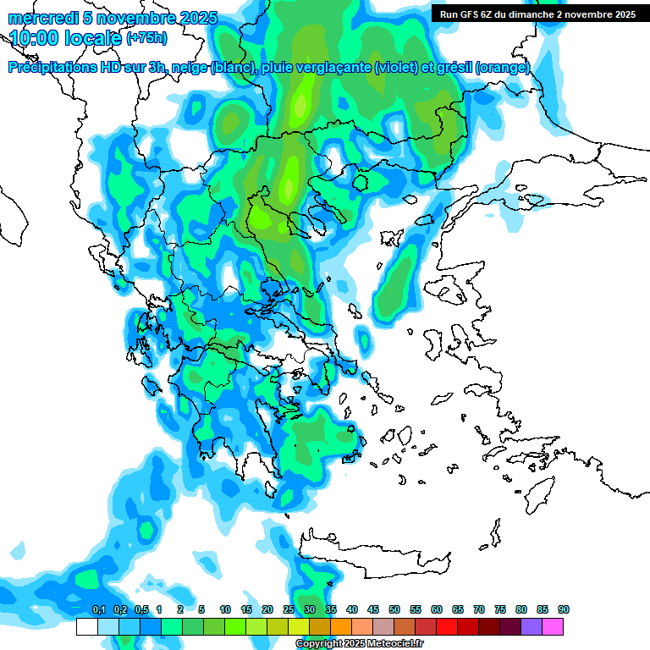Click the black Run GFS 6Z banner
(x=537, y=14)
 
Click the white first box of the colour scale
(x=87, y=627)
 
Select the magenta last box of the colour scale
(x=553, y=627)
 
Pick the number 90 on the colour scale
(x=564, y=609)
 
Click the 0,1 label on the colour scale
(x=98, y=609)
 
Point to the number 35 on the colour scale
(x=331, y=609)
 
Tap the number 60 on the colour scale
(x=437, y=609)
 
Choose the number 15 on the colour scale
(x=246, y=609)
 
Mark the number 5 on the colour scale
(x=201, y=609)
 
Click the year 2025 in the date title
(x=197, y=18)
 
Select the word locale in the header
(x=97, y=38)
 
